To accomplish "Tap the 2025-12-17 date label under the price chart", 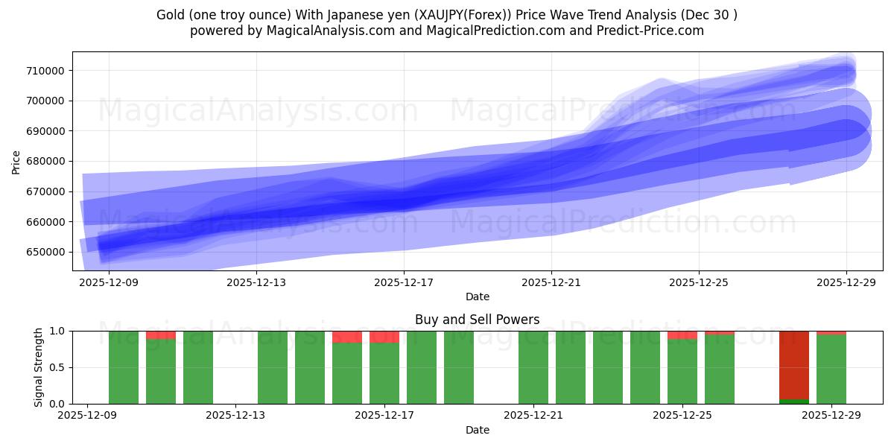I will (x=404, y=282).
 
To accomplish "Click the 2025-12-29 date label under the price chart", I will (x=847, y=282).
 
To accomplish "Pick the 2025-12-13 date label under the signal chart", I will (x=235, y=416).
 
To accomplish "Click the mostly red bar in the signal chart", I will (x=794, y=365).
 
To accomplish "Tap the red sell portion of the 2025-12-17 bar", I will (x=384, y=337).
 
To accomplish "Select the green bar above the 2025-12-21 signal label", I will (x=533, y=367).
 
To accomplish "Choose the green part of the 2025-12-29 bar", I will (x=831, y=370).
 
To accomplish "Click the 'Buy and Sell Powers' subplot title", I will (x=478, y=320).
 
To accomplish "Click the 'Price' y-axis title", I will (x=16, y=161).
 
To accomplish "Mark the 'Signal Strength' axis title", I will (x=38, y=367).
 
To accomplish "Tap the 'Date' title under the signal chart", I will (x=478, y=430).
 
